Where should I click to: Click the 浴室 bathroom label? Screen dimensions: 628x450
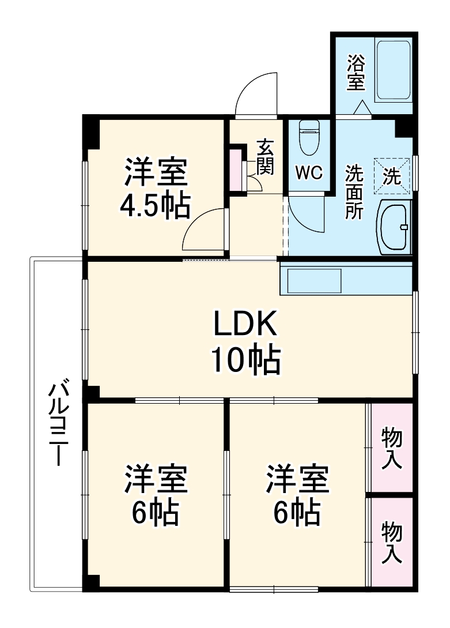(356, 72)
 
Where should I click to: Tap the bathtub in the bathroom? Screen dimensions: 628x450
(394, 69)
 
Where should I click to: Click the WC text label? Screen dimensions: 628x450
(309, 172)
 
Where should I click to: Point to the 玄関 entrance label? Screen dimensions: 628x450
(266, 156)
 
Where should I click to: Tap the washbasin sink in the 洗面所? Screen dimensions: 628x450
(396, 227)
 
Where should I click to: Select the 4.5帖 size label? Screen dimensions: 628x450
(155, 205)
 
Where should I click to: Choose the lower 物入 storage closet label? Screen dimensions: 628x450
(392, 543)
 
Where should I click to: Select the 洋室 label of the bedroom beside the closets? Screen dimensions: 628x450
(297, 478)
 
